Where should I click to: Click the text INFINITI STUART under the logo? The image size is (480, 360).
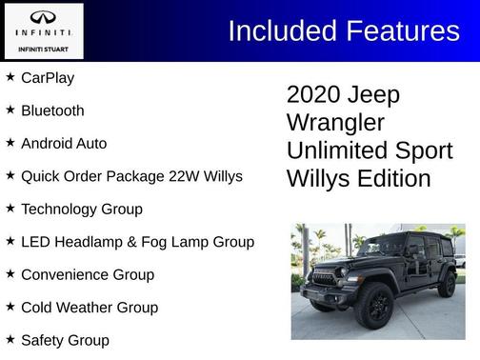[43, 48]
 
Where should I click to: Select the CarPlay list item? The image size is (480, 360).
[48, 78]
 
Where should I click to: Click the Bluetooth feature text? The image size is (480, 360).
[52, 110]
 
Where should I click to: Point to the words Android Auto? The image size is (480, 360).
[64, 144]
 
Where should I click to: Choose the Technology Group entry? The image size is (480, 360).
[81, 209]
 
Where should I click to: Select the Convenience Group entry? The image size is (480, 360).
[87, 274]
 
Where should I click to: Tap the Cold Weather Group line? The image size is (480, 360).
[90, 308]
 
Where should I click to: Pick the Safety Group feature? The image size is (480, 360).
[65, 340]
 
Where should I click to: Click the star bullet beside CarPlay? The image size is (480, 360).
[10, 77]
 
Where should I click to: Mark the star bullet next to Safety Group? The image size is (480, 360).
[10, 339]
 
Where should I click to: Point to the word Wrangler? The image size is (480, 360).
[335, 123]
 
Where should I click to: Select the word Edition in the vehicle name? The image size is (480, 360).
[391, 178]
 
